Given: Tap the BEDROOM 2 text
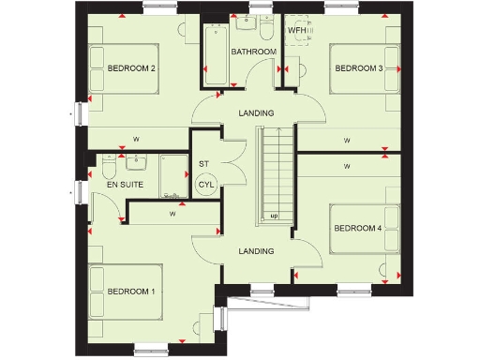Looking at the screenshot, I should (130, 67).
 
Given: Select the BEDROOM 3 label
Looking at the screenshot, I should (359, 67).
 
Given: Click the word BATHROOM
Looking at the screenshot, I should (254, 52).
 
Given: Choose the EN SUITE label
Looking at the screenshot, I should (125, 185).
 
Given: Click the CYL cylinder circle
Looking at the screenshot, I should (206, 184).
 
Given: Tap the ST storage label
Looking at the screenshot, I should (203, 164).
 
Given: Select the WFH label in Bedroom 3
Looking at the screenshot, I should (296, 30).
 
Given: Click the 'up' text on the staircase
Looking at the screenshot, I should (274, 216).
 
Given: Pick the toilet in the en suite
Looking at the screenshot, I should (109, 168).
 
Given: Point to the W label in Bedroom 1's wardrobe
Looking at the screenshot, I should (173, 214).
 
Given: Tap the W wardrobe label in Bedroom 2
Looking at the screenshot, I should (137, 140).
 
